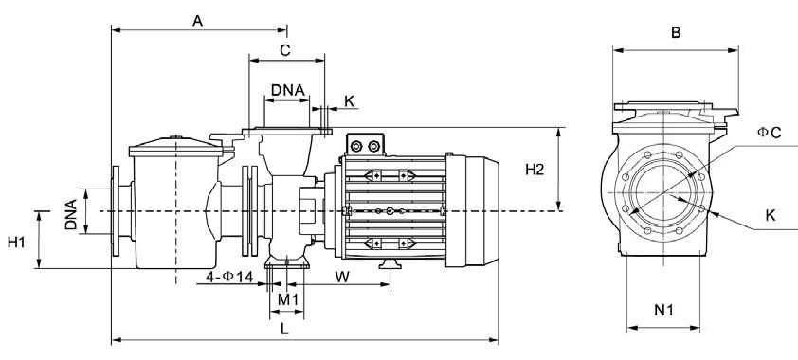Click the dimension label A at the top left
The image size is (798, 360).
(x=197, y=20)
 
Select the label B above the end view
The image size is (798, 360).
(x=676, y=33)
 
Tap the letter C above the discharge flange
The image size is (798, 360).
(x=285, y=50)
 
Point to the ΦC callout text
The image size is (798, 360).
(x=769, y=133)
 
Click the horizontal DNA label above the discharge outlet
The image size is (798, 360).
(x=287, y=90)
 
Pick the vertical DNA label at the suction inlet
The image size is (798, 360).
(x=71, y=214)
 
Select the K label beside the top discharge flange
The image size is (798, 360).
(x=349, y=101)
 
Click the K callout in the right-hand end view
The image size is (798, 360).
(x=771, y=215)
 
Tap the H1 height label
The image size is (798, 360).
(x=16, y=242)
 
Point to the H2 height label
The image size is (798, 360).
(x=535, y=170)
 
